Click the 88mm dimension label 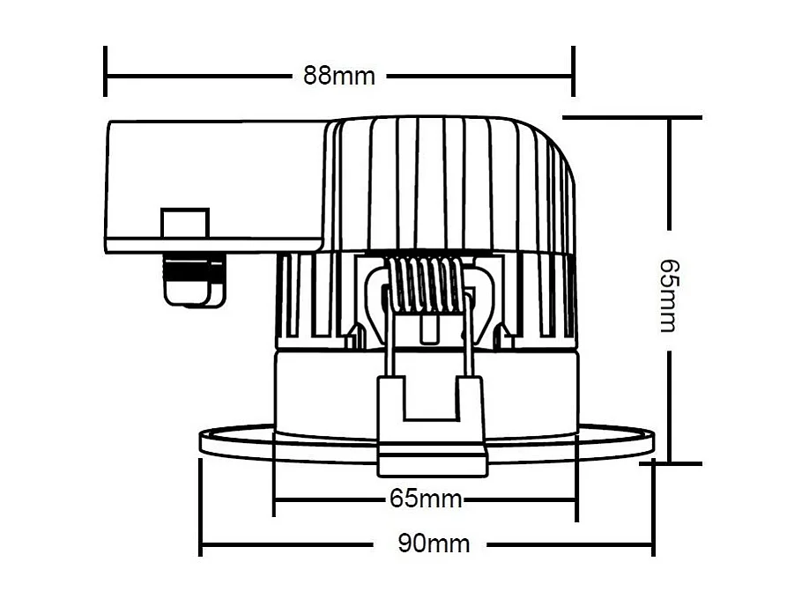[339, 76]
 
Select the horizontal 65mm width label [426, 499]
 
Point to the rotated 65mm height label [670, 294]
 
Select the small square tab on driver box [184, 223]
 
